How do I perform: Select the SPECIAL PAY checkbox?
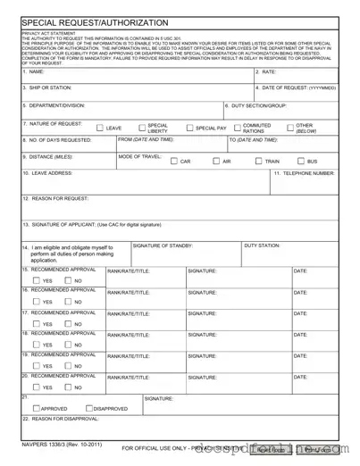coord(189,129)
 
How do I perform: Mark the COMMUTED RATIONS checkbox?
coord(238,129)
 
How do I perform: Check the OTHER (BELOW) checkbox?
coord(290,129)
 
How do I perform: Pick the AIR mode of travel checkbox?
coord(216,162)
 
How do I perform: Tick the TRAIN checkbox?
coord(259,162)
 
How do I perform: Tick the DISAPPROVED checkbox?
coord(75,408)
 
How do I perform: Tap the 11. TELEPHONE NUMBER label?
coord(305,172)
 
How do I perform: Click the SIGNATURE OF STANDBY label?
coord(162,244)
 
